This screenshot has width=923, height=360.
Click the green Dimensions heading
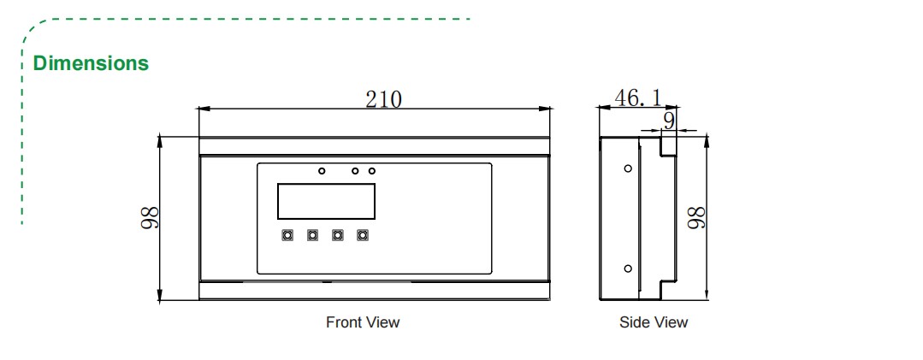[x=91, y=63]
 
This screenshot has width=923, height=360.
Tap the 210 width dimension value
[x=383, y=98]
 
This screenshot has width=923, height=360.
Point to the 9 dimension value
[x=669, y=121]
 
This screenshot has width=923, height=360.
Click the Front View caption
[x=363, y=322]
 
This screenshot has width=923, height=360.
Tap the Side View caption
[x=654, y=322]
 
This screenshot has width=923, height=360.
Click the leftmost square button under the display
[x=287, y=234]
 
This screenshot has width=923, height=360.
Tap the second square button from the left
[x=312, y=234]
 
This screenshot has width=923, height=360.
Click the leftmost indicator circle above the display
[x=322, y=171]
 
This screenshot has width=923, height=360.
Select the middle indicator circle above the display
[x=355, y=171]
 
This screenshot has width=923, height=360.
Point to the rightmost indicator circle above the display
[x=372, y=171]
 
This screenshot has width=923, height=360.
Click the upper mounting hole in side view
[x=628, y=168]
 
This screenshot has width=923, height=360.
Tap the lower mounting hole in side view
[x=628, y=269]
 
